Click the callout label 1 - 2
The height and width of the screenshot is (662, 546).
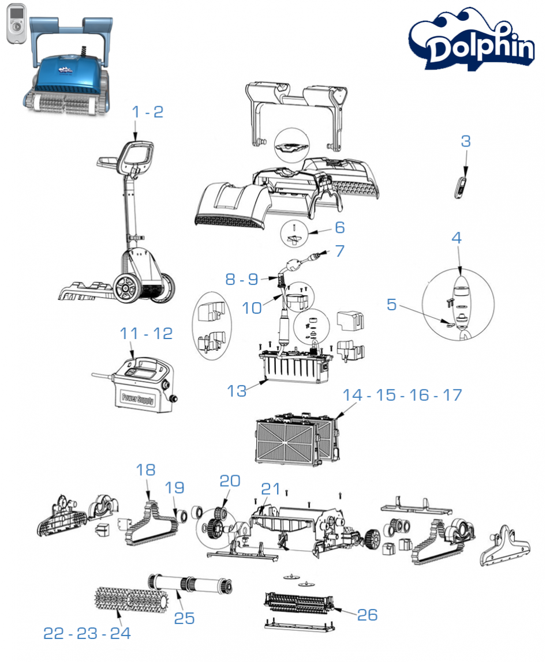[148, 112]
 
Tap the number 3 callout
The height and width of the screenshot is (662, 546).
[466, 141]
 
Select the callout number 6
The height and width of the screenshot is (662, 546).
[339, 227]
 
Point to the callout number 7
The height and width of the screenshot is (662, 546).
[339, 251]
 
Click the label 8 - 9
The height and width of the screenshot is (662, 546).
[241, 279]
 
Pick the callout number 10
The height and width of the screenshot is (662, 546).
[252, 308]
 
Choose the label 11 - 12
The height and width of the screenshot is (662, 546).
[146, 333]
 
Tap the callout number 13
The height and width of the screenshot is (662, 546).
[237, 391]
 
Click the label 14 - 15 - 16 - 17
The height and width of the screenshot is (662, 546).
[402, 396]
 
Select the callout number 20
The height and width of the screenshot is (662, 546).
[230, 481]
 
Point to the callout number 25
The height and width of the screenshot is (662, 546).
[185, 618]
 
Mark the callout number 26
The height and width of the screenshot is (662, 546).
[367, 615]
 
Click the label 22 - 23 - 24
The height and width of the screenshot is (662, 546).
[87, 633]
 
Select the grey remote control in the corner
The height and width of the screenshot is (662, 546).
[17, 24]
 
